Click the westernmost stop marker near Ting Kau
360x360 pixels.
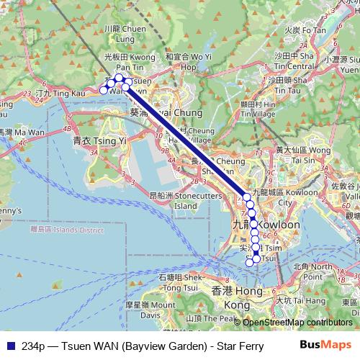coord(104,90)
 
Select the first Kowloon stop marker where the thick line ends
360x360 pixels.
coord(247,197)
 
